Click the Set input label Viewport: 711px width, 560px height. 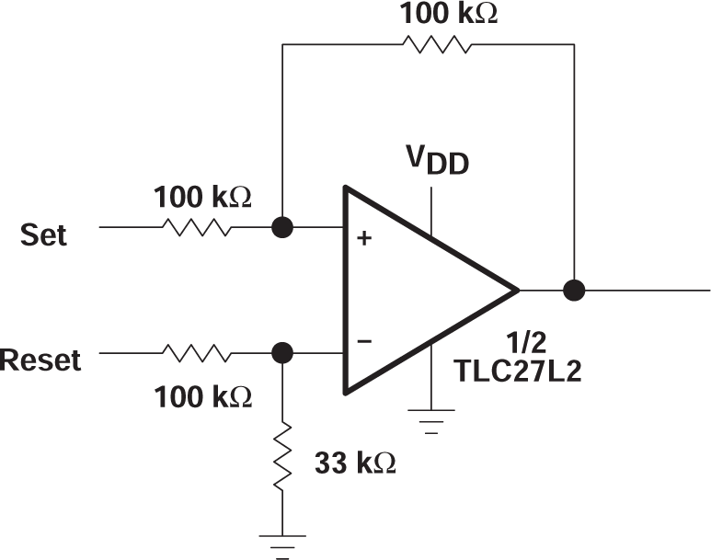[44, 234]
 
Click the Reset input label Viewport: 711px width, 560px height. [40, 360]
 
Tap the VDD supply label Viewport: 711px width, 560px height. [439, 162]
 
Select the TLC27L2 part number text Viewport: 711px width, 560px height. [517, 372]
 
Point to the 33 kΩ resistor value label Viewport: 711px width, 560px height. [355, 462]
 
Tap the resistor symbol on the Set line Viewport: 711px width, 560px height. [196, 226]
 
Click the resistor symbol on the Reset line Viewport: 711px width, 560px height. [196, 352]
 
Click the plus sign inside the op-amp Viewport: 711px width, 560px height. [365, 238]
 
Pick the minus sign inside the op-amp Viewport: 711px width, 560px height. [365, 341]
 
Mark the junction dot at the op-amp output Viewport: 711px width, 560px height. [575, 290]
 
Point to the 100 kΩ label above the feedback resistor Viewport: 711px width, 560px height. [448, 13]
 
